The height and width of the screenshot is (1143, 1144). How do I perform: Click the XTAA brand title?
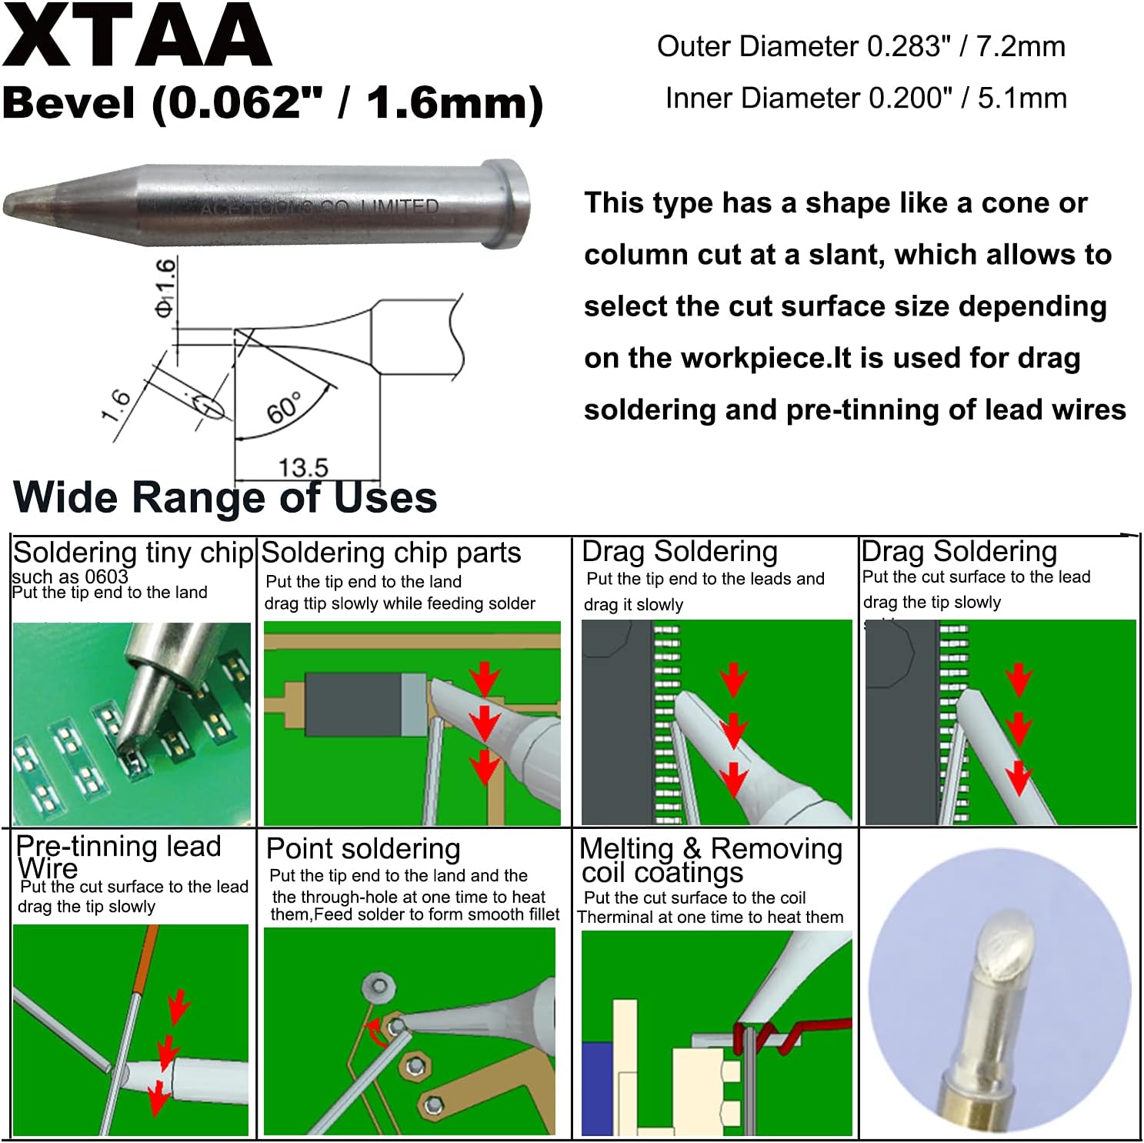pyautogui.click(x=137, y=36)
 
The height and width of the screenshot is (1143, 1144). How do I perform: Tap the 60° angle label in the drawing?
pyautogui.click(x=283, y=408)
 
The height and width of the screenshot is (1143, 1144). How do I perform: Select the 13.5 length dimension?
pyautogui.click(x=303, y=467)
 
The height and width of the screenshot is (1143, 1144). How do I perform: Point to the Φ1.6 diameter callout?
pyautogui.click(x=165, y=287)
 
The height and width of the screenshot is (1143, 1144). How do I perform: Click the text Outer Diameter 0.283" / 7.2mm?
pyautogui.click(x=860, y=47)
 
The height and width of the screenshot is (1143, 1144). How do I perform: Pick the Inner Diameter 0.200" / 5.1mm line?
pyautogui.click(x=866, y=99)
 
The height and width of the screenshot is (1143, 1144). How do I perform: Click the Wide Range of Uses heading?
pyautogui.click(x=225, y=497)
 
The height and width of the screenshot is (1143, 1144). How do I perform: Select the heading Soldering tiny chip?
pyautogui.click(x=133, y=553)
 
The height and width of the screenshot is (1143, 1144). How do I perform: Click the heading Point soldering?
pyautogui.click(x=363, y=848)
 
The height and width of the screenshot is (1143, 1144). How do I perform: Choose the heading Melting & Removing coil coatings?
pyautogui.click(x=710, y=860)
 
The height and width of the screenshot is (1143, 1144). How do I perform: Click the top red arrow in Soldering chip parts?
pyautogui.click(x=485, y=677)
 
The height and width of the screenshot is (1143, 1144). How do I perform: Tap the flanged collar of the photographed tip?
pyautogui.click(x=505, y=204)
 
